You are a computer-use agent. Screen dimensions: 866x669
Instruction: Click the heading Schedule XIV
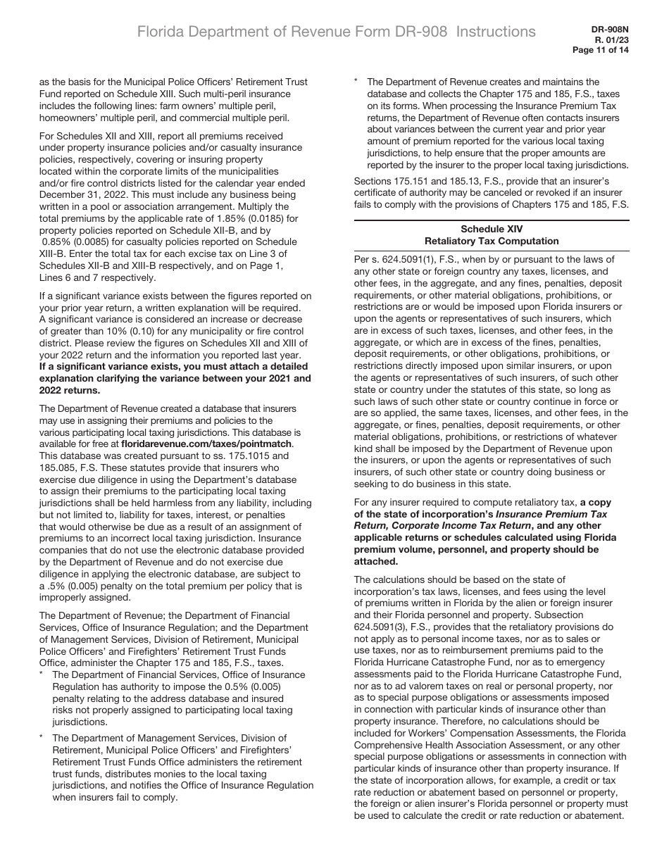click(492, 229)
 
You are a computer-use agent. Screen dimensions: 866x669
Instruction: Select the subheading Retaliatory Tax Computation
click(492, 241)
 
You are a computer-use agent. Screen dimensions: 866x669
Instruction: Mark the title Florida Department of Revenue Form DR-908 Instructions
click(336, 32)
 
